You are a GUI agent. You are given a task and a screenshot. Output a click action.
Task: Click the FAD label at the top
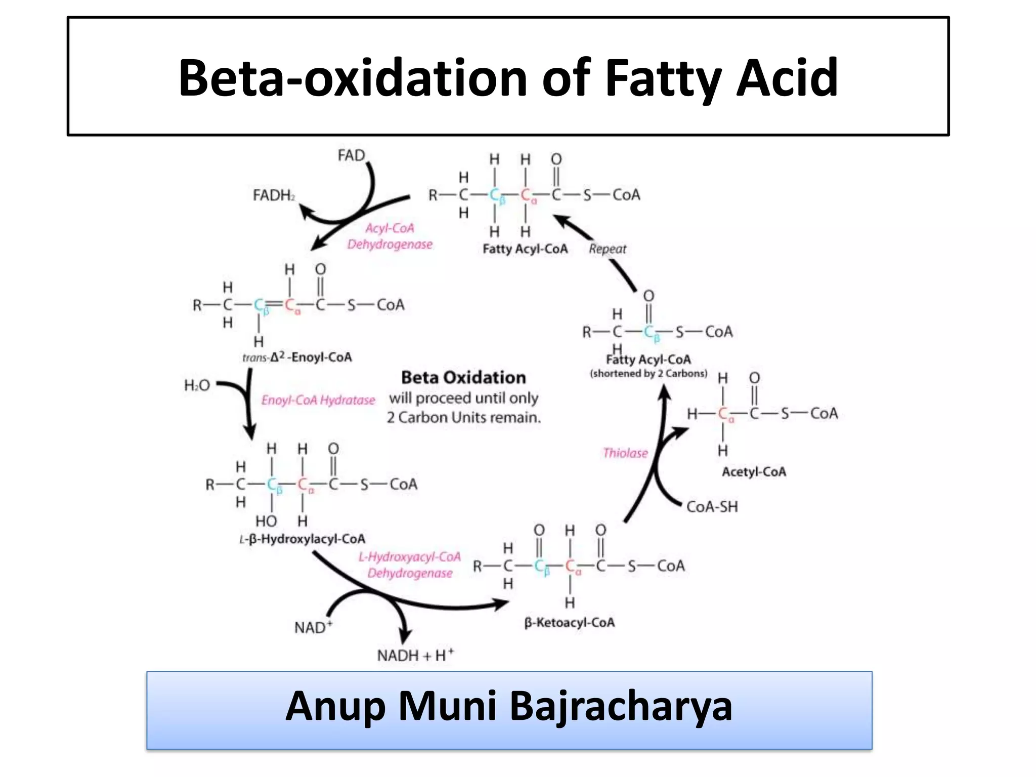click(x=351, y=155)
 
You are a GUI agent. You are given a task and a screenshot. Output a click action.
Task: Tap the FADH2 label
click(x=274, y=195)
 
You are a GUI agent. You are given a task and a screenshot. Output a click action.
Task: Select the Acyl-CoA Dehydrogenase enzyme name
click(x=390, y=236)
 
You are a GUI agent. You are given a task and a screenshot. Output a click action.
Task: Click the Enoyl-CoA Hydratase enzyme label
click(x=318, y=400)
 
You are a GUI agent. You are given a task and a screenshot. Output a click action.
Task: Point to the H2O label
click(x=197, y=386)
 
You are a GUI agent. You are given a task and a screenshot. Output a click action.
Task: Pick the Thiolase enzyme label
click(x=625, y=453)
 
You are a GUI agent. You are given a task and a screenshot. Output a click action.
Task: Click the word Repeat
click(x=607, y=249)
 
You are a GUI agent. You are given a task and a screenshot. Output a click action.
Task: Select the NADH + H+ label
click(x=415, y=655)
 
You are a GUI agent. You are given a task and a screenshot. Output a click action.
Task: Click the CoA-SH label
click(x=712, y=506)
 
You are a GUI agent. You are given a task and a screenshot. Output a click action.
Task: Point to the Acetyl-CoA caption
click(x=754, y=472)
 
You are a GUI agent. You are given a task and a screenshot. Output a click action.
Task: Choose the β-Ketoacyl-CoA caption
click(x=569, y=623)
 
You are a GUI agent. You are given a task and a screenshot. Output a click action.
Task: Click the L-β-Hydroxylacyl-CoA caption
click(x=302, y=539)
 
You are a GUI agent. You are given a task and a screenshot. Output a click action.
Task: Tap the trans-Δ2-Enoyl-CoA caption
click(x=297, y=358)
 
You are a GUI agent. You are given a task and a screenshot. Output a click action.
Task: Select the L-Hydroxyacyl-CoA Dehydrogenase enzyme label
click(x=410, y=565)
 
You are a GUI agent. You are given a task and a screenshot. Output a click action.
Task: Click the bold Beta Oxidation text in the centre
click(x=463, y=377)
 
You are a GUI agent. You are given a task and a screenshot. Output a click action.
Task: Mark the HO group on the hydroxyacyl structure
click(x=266, y=521)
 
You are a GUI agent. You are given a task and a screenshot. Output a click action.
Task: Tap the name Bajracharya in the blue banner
click(x=621, y=706)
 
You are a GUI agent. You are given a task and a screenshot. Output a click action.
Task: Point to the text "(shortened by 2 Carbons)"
click(x=649, y=374)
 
